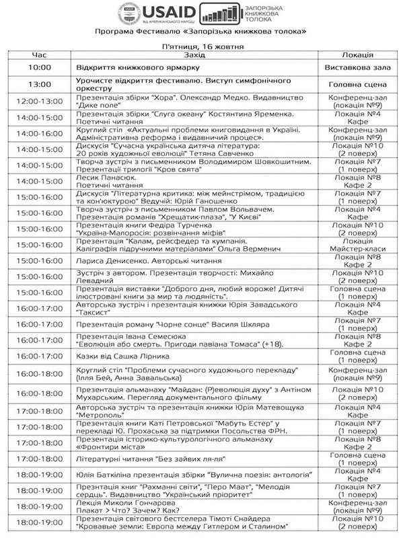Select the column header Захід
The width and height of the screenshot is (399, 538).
click(x=195, y=55)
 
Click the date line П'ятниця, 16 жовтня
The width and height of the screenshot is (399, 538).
click(x=199, y=46)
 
